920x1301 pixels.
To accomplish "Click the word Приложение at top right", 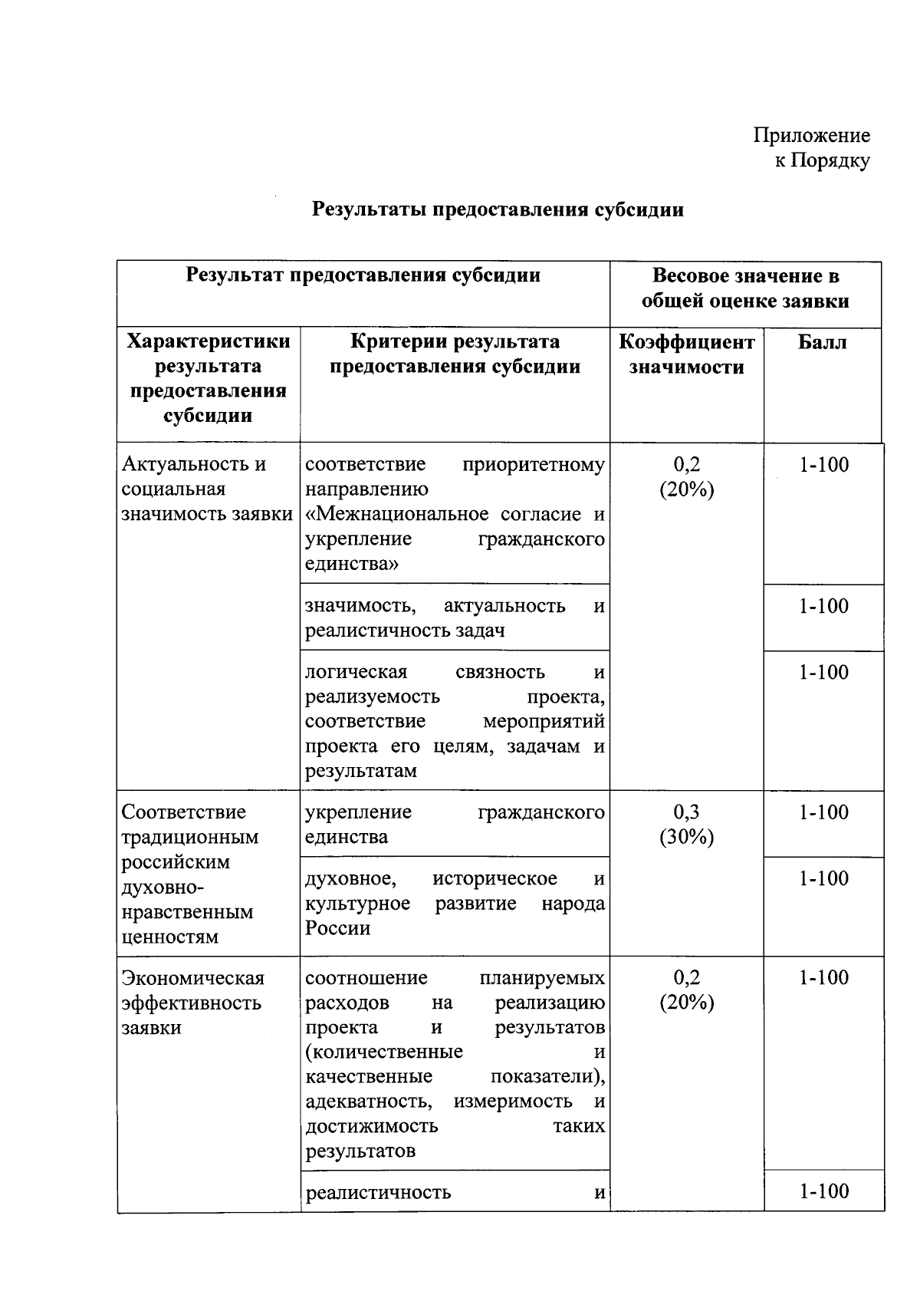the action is point(811,136).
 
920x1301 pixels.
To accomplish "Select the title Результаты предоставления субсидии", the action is point(498,209).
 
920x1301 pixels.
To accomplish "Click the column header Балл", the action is point(822,342).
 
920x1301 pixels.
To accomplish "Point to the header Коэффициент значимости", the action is point(686,354).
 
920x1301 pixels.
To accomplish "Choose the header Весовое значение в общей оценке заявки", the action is point(745,288).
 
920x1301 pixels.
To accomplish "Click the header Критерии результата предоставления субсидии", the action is point(455,354).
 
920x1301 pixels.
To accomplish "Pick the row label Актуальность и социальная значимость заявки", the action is point(207,489).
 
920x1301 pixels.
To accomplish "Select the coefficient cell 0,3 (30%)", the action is point(686,825).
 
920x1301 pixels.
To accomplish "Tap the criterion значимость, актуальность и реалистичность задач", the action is point(455,618).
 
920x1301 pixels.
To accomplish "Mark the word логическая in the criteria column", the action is point(356,673).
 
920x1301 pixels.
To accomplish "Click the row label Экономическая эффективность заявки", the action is point(192,1003).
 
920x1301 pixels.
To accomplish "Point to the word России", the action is point(338,929).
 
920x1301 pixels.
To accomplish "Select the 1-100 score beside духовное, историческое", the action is point(823,879).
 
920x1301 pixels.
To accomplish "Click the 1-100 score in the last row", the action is point(823,1191).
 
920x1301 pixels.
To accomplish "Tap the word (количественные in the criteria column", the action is point(384,1052).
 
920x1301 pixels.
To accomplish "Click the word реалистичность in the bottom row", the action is point(378,1193).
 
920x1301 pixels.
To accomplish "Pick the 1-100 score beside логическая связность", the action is point(823,673).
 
